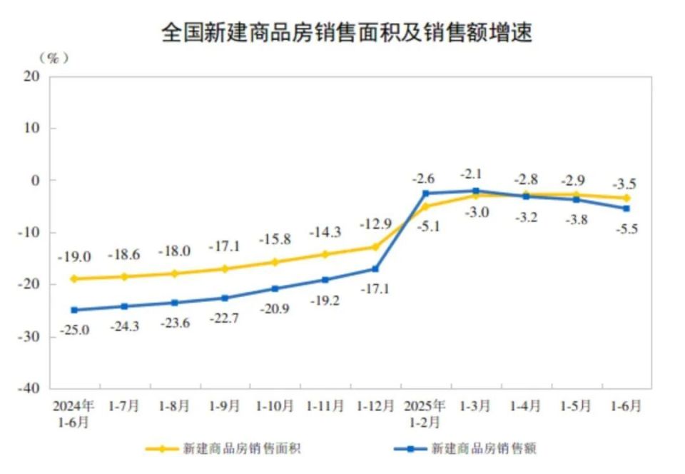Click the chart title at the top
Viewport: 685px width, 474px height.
point(347,32)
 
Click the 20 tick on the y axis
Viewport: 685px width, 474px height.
point(31,76)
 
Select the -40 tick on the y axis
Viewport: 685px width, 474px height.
point(29,388)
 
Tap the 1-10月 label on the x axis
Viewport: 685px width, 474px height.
point(275,406)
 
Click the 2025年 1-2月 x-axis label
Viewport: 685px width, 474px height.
point(425,413)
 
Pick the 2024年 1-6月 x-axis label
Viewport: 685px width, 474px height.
point(73,413)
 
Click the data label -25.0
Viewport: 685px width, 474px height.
point(74,330)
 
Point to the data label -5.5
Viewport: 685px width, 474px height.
point(626,229)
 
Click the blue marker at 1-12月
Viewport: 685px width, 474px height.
point(375,269)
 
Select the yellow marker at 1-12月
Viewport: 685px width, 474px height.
point(375,247)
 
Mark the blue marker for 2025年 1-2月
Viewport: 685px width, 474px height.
point(426,193)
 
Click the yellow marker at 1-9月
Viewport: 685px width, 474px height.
point(225,269)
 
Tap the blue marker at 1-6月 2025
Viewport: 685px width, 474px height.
point(626,208)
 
